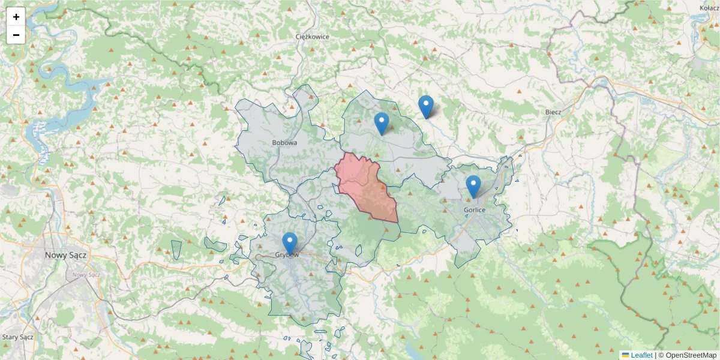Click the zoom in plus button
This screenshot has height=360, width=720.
pos(16,17)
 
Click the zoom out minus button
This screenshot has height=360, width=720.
pos(16,35)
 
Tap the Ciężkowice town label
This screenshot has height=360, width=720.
pos(313,37)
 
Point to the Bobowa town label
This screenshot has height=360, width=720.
pos(284,143)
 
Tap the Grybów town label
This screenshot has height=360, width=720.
pos(287,255)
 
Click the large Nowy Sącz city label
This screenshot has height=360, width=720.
pos(66,255)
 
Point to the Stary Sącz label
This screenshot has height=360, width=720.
pos(17,337)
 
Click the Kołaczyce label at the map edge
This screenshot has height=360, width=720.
pos(709,8)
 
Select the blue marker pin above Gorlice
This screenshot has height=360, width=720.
pos(473,186)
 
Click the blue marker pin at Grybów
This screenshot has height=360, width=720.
pos(290,243)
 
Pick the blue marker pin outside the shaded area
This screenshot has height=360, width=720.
pos(426,106)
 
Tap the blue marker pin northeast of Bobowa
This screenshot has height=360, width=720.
pos(382,123)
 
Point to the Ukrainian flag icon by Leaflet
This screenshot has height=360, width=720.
pos(625,355)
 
